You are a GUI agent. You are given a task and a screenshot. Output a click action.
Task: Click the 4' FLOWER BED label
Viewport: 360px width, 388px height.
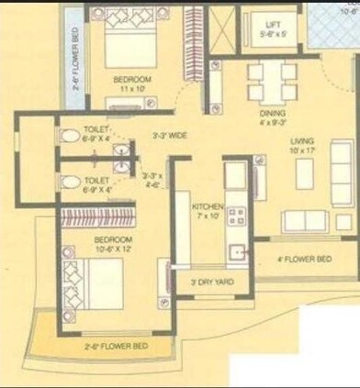pyautogui.click(x=304, y=259)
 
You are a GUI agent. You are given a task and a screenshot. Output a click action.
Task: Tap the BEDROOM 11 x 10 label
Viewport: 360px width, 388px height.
pyautogui.click(x=130, y=84)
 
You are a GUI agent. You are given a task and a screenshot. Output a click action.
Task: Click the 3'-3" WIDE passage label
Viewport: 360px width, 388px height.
pyautogui.click(x=170, y=135)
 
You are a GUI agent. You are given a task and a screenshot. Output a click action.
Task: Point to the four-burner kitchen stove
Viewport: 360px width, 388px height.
pyautogui.click(x=235, y=216)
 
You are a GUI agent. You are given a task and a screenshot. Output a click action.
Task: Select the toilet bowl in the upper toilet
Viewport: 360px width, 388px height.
pyautogui.click(x=70, y=136)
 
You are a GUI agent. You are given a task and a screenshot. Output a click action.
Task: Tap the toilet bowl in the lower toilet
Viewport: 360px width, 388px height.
pyautogui.click(x=70, y=183)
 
